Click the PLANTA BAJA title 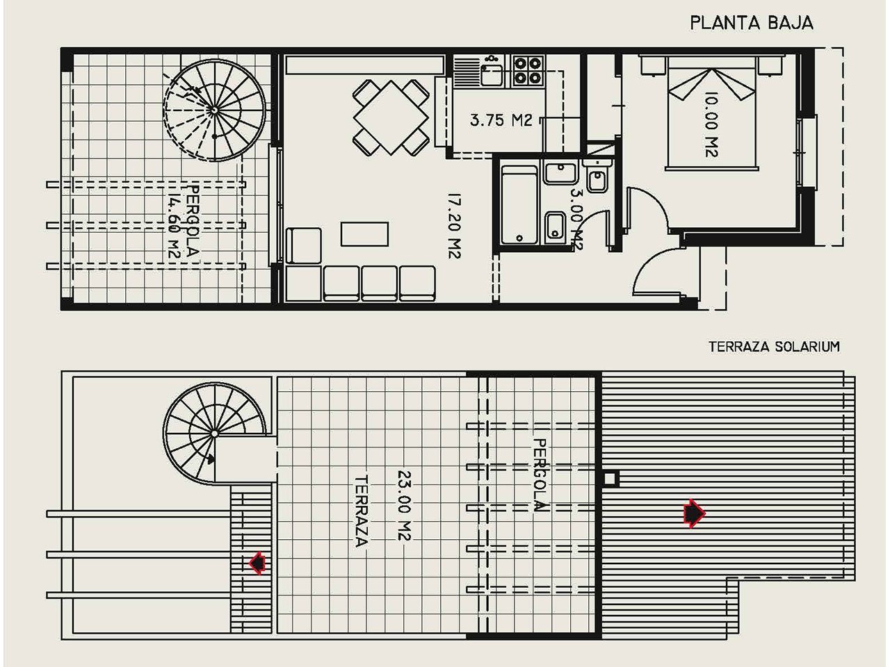(752, 23)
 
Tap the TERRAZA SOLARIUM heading (774, 346)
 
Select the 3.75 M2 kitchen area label (501, 120)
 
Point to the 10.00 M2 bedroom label (711, 124)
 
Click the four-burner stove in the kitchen (528, 71)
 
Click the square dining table (391, 117)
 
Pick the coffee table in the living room (364, 233)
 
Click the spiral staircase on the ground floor (214, 110)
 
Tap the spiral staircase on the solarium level (214, 434)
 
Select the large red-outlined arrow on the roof (694, 513)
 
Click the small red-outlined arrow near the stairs (257, 563)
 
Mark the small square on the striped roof (611, 479)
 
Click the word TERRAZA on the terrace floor (361, 511)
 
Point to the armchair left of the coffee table (303, 246)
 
